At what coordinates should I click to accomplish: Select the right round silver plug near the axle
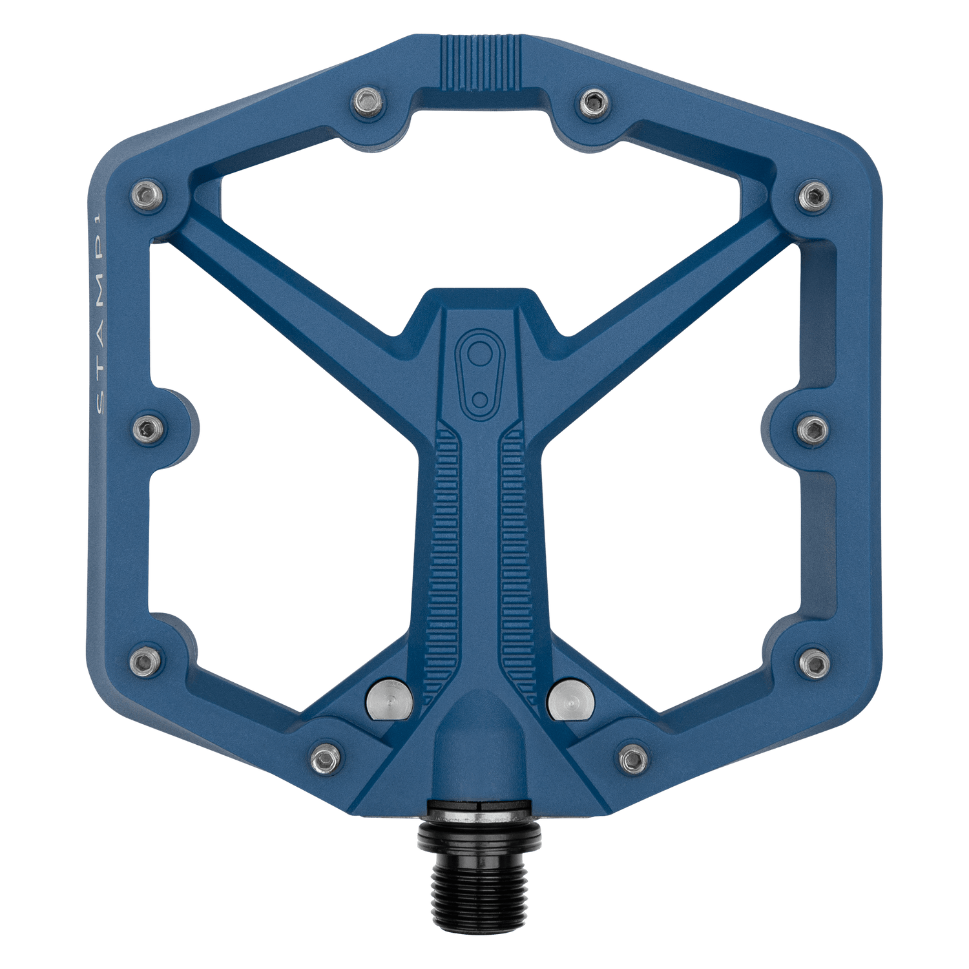pyautogui.click(x=570, y=699)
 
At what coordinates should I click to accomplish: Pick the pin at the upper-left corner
pyautogui.click(x=148, y=196)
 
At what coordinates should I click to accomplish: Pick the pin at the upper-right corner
pyautogui.click(x=813, y=196)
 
